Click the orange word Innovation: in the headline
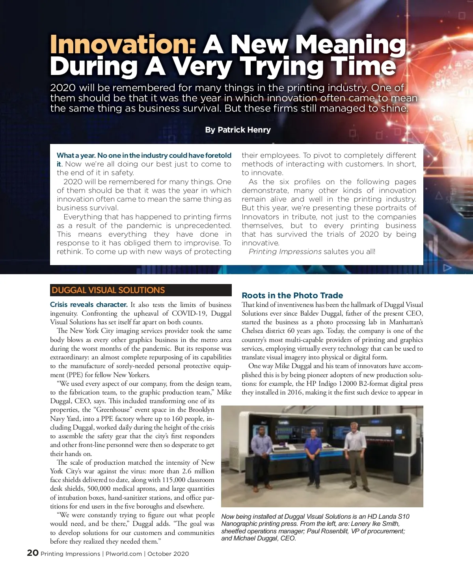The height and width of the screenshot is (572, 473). pos(123,44)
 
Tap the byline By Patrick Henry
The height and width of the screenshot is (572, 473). pos(238,130)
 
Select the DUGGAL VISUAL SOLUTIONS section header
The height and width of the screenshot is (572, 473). pos(108,290)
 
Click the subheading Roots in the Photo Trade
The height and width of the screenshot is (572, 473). pos(292,295)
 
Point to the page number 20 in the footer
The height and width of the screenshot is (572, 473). pos(33,553)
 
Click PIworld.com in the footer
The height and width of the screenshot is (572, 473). pos(124,554)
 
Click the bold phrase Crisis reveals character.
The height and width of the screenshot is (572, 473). pos(89,305)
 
